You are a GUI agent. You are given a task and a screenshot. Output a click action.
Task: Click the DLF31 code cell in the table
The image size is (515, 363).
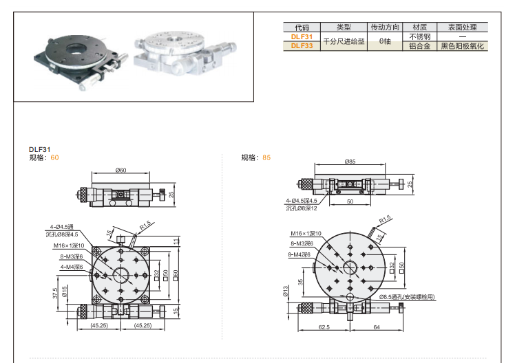click(301, 37)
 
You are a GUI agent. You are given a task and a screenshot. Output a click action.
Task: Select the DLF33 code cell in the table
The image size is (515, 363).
click(301, 46)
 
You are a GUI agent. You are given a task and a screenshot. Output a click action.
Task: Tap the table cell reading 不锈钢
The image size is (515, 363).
click(419, 37)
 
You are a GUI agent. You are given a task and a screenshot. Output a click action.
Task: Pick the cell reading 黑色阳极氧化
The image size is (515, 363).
click(463, 46)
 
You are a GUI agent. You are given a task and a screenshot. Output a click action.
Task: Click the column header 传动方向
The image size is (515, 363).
click(385, 27)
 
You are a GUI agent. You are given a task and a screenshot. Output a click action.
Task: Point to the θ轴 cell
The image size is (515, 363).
click(385, 42)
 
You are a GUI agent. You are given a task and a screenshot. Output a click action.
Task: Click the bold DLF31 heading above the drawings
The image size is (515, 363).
click(39, 149)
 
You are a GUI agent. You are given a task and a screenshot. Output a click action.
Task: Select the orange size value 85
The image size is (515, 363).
click(266, 157)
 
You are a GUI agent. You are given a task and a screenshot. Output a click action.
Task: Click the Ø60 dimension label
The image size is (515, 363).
click(120, 170)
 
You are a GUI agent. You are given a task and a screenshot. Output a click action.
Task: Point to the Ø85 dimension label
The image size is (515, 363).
click(350, 162)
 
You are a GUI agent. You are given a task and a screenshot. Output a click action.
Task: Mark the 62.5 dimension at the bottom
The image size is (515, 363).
click(324, 327)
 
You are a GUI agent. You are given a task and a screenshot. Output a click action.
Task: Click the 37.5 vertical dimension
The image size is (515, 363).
click(54, 292)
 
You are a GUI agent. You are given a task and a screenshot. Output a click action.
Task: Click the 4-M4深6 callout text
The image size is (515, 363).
click(72, 266)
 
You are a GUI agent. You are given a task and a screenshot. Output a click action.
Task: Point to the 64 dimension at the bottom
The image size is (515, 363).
click(376, 327)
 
